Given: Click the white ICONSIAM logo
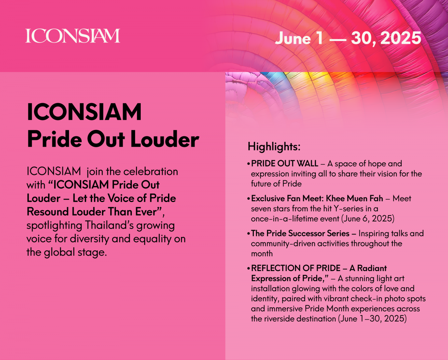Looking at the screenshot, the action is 73,36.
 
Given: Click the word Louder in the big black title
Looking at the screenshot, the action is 165,139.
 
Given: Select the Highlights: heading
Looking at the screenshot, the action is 274,147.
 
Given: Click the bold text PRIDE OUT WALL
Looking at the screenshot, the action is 284,164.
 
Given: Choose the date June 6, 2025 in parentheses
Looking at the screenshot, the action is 367,218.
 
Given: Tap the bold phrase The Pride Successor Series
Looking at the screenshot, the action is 300,233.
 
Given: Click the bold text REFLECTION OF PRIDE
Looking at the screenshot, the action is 296,268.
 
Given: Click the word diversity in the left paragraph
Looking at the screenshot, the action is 89,239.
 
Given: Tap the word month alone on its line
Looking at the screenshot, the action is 262,254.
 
